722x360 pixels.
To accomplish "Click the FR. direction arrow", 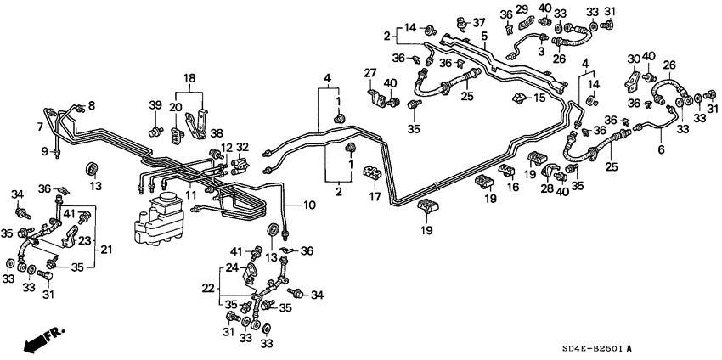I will point(38,339).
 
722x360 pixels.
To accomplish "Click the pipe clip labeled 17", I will point(370,174).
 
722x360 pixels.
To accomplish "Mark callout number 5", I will point(485,36).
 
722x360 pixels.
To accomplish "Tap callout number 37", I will point(480,22).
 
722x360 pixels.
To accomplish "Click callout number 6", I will point(661,149).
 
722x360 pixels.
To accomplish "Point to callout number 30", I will point(632,58).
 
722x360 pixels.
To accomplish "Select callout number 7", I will point(40,127).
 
